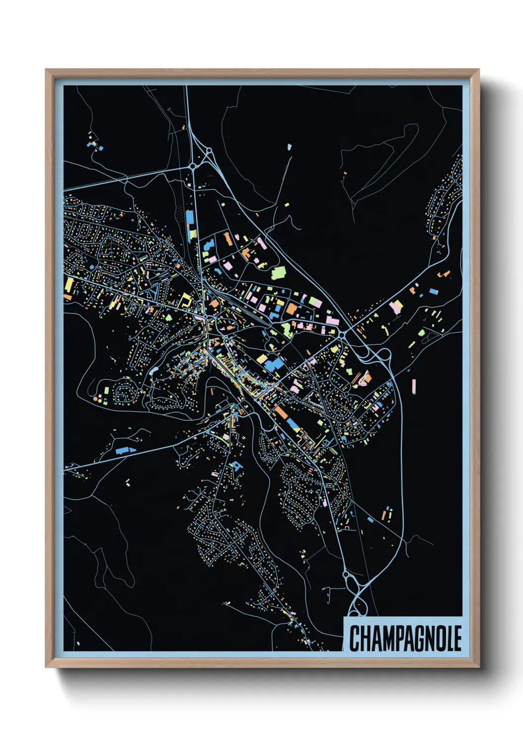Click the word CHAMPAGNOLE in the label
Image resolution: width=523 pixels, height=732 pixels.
coord(405,638)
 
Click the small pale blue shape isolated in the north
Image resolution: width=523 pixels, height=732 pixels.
coord(289,147)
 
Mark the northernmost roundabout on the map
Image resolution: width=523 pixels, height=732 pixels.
coord(209,150)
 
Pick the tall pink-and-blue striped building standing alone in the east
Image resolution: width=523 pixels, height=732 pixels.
coord(413,386)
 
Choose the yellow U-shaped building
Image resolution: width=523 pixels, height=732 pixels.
coord(185,300)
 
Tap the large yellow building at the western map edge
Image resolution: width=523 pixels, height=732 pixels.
coord(69,286)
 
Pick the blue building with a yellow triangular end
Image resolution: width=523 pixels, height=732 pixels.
coord(293,424)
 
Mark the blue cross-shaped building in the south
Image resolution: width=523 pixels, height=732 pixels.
coord(236,465)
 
